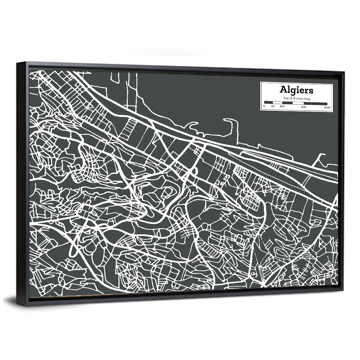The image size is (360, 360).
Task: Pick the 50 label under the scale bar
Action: coord(273,107)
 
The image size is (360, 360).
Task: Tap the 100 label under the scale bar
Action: coord(282,107)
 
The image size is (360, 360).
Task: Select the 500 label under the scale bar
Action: coord(303,107)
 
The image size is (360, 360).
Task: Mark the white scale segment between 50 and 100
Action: coord(278,103)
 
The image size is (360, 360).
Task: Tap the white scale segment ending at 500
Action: coord(298,103)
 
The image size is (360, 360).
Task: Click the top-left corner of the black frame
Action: coord(17,63)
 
